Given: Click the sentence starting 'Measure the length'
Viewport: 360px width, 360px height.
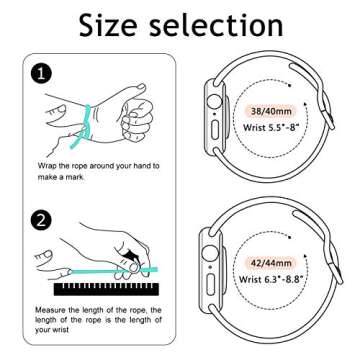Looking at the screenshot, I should click(95, 322).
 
